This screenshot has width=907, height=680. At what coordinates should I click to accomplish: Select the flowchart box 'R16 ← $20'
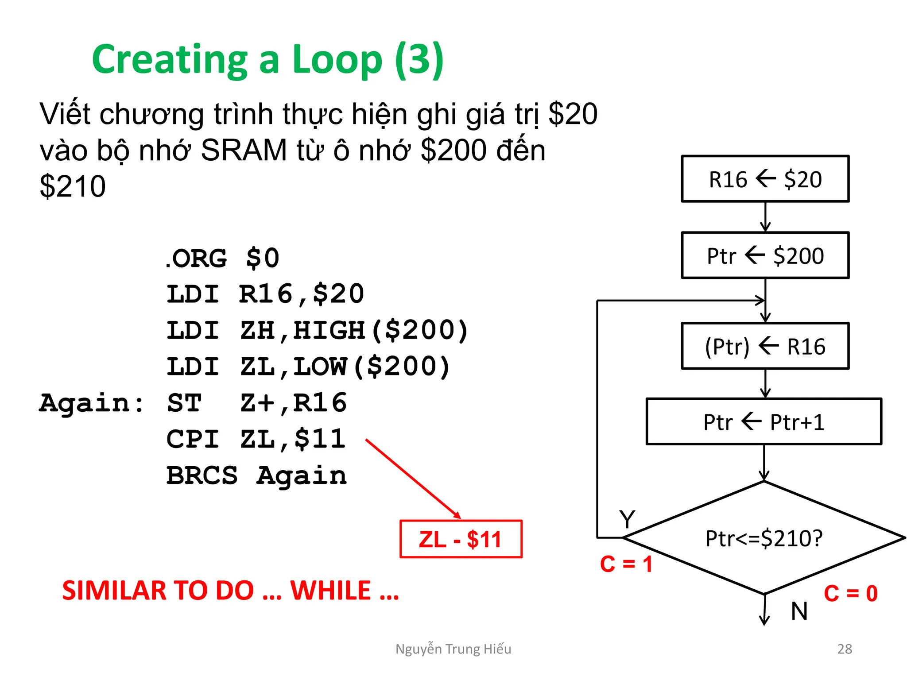click(x=765, y=179)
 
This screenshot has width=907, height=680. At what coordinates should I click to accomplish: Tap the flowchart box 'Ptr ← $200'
click(x=765, y=255)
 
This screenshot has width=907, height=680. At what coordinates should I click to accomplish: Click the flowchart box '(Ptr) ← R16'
click(x=765, y=346)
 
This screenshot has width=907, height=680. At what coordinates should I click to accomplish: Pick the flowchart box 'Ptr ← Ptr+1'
click(x=764, y=422)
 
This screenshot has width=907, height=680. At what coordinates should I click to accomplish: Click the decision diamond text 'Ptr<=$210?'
click(x=764, y=538)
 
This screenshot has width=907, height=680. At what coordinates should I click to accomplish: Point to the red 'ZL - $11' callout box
click(x=461, y=539)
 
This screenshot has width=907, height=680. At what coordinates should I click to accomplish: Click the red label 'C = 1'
click(x=626, y=564)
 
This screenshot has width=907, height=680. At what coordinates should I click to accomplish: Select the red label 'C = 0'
click(x=850, y=593)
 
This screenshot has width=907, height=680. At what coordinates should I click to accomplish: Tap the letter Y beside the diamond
click(x=627, y=519)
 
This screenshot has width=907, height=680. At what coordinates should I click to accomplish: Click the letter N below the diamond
click(x=799, y=611)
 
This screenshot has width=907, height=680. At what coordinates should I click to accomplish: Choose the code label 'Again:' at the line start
click(x=91, y=403)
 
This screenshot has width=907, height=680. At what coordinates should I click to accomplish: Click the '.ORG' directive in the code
click(x=196, y=258)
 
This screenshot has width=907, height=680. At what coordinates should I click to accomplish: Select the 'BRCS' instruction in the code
click(x=202, y=476)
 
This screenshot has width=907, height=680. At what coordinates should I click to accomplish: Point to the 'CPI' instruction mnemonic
click(x=193, y=439)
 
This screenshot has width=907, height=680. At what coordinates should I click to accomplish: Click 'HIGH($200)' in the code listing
click(x=381, y=331)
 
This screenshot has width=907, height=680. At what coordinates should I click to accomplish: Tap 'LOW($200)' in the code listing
click(x=372, y=367)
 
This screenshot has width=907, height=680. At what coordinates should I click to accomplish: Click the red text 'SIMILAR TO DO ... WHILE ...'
click(x=230, y=591)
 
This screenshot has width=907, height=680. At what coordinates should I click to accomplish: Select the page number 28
click(x=845, y=649)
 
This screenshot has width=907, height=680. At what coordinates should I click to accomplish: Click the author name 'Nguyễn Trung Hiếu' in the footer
click(x=453, y=649)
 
